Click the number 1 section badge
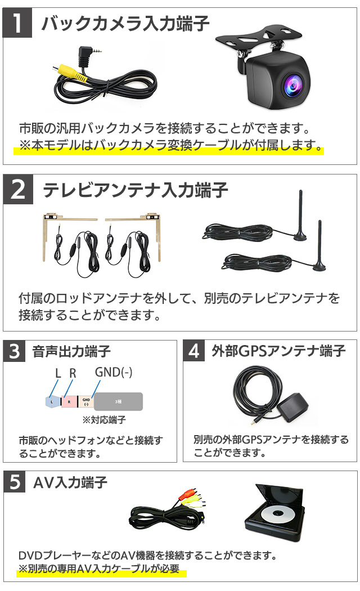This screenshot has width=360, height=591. pos(17,23)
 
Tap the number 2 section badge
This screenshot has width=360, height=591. pos(18,189)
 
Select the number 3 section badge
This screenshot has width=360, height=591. pos(14,351)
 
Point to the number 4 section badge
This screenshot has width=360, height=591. pos(194,351)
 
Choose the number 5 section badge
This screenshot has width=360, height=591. pos(15,482)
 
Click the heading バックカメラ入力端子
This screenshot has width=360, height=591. pos(125,24)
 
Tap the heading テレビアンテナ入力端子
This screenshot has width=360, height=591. pos(136,190)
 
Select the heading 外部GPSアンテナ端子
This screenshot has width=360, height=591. pos(278,351)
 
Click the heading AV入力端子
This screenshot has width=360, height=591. pos(70,482)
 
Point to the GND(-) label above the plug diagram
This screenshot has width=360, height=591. pos(114,373)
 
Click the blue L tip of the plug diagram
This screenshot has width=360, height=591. pos(52,402)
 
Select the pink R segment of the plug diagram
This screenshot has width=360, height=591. pos(69,402)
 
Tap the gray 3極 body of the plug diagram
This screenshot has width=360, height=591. pos(118,402)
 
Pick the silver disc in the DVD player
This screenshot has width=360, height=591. pos(277,513)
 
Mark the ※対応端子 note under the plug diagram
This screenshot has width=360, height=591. pos(104,420)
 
